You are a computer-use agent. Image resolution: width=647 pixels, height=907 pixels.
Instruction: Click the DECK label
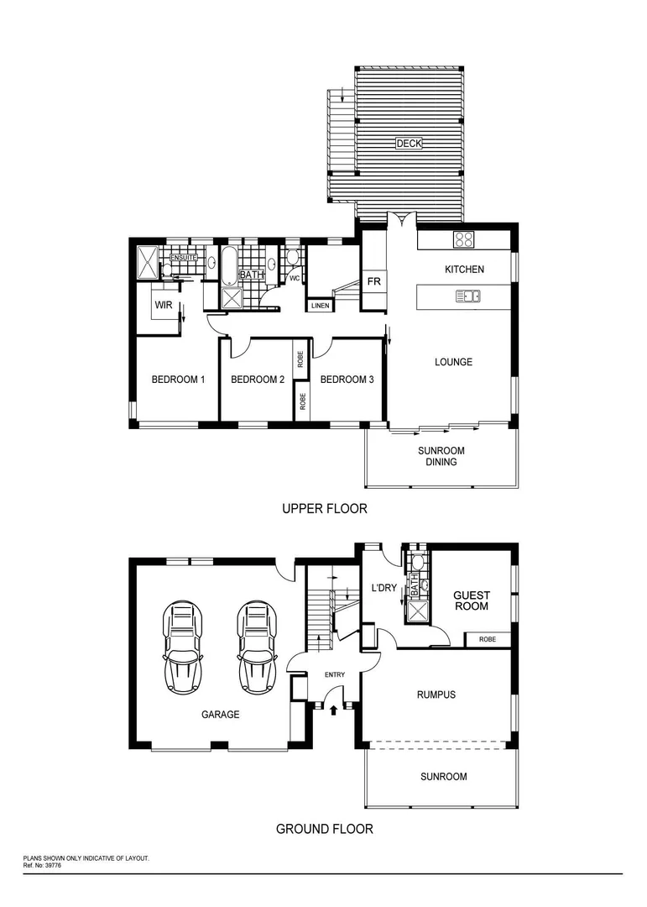tap(409, 144)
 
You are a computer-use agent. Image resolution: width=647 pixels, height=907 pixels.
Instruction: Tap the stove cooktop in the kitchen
tap(464, 239)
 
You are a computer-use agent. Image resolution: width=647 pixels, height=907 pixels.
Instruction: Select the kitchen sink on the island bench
tap(467, 296)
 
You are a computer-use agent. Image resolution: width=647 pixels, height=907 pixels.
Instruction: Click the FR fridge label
tap(373, 281)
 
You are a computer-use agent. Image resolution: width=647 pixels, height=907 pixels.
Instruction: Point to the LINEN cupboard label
tap(320, 305)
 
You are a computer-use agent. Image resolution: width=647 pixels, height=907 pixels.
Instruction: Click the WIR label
tap(164, 306)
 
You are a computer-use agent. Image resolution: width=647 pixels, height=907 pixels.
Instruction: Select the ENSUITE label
tap(183, 257)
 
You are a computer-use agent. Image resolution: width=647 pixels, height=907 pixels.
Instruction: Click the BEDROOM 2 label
tap(257, 380)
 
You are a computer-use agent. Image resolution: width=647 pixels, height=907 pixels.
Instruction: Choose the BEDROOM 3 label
tap(347, 380)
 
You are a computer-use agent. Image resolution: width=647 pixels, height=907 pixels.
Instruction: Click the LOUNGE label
tap(453, 362)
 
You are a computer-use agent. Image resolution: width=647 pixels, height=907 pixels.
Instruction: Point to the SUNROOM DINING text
tap(441, 456)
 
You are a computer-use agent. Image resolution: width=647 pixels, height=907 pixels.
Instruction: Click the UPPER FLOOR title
tap(324, 509)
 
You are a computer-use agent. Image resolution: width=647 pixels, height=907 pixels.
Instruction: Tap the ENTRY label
tap(335, 675)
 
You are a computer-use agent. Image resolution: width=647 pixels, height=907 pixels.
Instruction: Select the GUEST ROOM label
tap(472, 600)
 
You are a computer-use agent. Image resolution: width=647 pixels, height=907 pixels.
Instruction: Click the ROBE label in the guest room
tap(487, 639)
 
